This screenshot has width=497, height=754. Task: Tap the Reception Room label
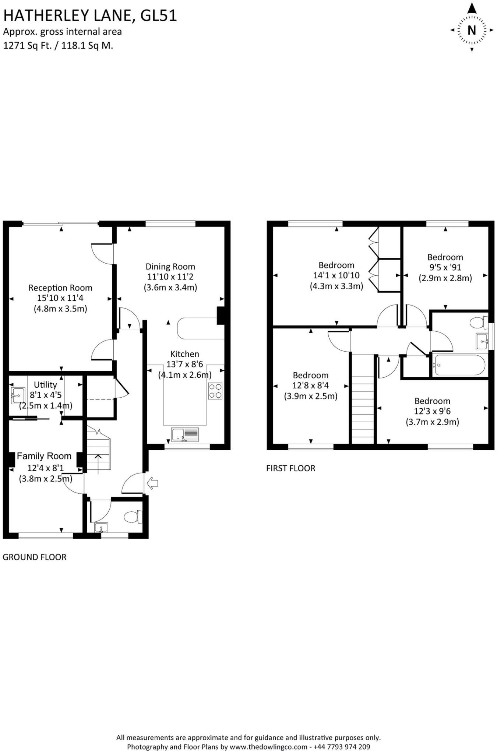click(60, 288)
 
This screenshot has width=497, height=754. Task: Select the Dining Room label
click(170, 267)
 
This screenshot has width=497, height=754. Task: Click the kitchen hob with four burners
click(215, 391)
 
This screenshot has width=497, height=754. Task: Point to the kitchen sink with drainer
click(185, 434)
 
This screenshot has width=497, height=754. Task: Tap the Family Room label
click(44, 456)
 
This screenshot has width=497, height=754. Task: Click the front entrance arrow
click(152, 483)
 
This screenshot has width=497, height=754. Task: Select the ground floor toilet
click(133, 517)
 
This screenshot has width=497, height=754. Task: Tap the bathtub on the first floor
click(459, 365)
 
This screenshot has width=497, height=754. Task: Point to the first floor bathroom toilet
click(479, 323)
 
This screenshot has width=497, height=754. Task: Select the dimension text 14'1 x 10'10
click(336, 275)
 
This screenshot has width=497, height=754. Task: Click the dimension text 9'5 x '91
click(445, 267)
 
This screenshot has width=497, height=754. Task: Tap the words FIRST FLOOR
click(291, 468)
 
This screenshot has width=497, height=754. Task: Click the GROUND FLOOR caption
click(35, 557)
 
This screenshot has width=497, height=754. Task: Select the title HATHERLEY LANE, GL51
click(90, 16)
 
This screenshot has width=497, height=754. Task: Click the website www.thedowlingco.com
click(268, 747)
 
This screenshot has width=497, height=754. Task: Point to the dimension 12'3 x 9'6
click(432, 411)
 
